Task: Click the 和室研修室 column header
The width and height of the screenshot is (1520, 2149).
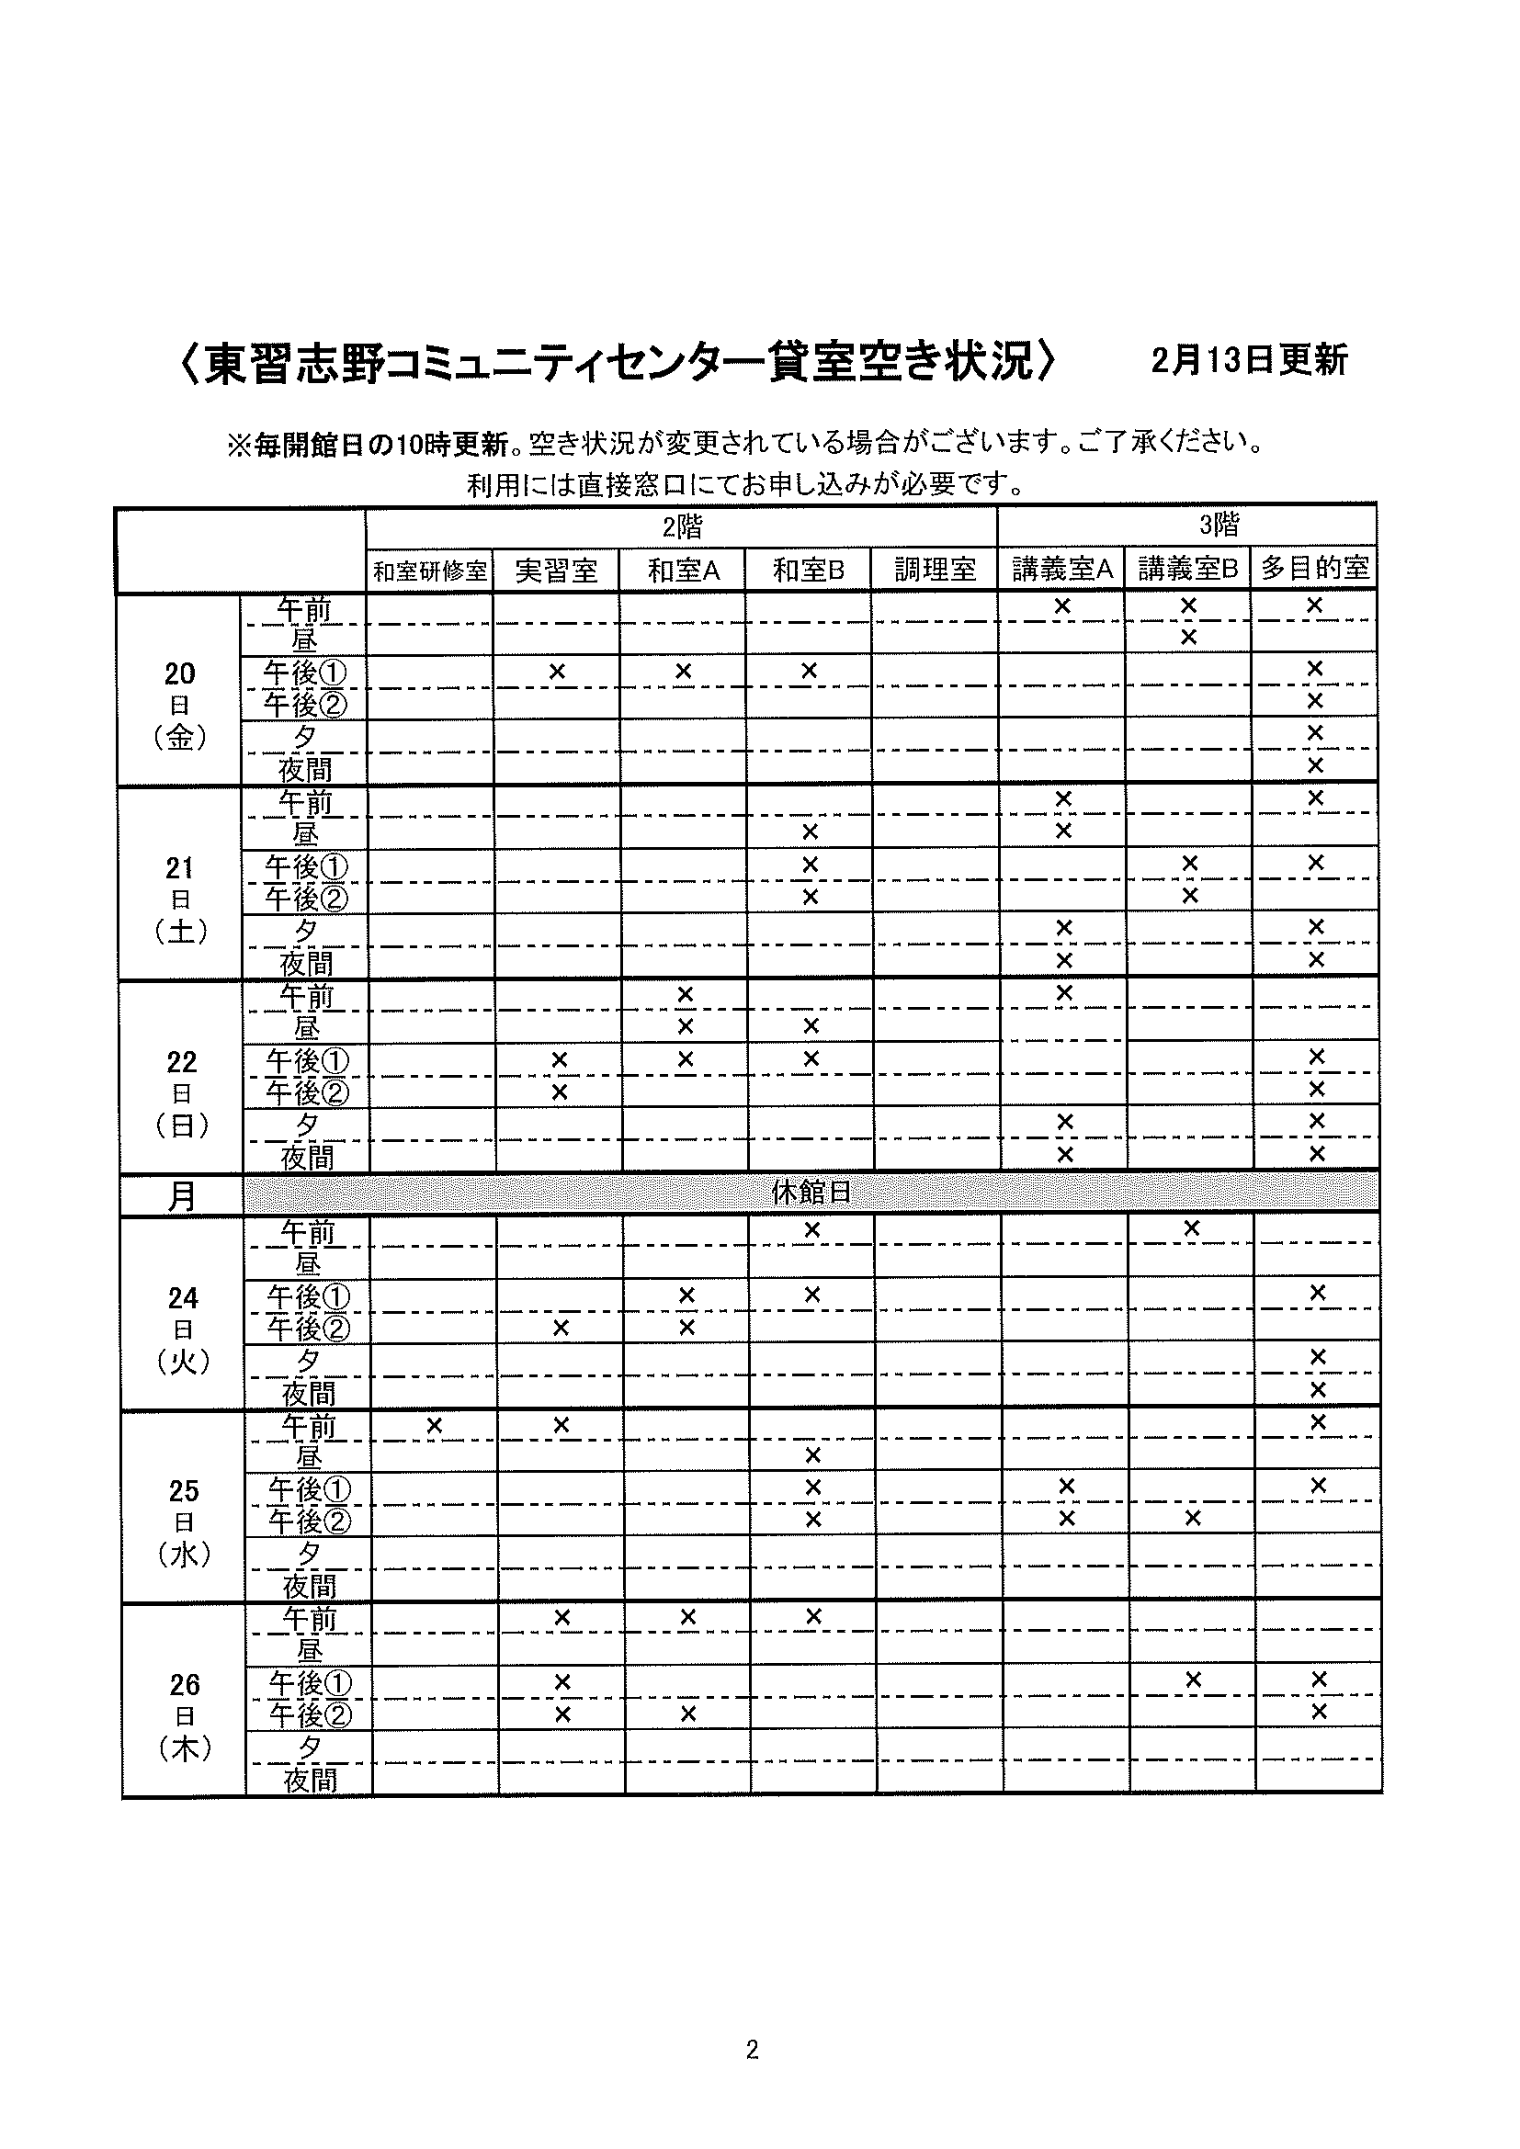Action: pyautogui.click(x=429, y=571)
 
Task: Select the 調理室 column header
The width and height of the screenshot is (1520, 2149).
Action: pyautogui.click(x=934, y=569)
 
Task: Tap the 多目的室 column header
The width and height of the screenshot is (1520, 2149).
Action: pyautogui.click(x=1314, y=568)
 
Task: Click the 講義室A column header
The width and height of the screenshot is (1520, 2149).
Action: pyautogui.click(x=1061, y=569)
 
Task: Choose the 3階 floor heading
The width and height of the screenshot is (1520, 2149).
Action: pyautogui.click(x=1219, y=526)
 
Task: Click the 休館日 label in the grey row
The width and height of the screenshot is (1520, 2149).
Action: pyautogui.click(x=811, y=1193)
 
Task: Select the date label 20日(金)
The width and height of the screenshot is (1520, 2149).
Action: pyautogui.click(x=180, y=705)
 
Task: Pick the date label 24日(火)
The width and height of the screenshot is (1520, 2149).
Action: pyautogui.click(x=184, y=1329)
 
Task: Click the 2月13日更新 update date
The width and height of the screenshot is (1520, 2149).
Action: pyautogui.click(x=1249, y=360)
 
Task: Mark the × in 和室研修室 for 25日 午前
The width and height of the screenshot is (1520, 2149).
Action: pyautogui.click(x=435, y=1426)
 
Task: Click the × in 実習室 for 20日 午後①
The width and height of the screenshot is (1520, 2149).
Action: pyautogui.click(x=557, y=671)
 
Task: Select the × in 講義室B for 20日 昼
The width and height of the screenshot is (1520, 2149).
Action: pyautogui.click(x=1188, y=638)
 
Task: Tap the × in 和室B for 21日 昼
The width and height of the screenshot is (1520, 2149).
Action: pyautogui.click(x=811, y=831)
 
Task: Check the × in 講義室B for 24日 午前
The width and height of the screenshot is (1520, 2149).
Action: pyautogui.click(x=1192, y=1228)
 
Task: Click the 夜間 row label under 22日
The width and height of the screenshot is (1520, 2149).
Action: pyautogui.click(x=307, y=1158)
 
